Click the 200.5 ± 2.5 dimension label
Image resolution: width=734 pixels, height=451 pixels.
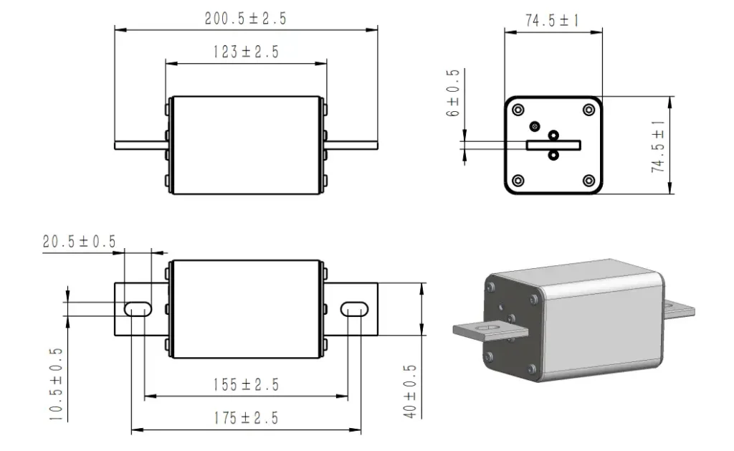[245, 18]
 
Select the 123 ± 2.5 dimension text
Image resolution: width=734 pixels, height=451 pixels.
[247, 52]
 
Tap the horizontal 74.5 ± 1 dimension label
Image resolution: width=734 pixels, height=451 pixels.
[553, 20]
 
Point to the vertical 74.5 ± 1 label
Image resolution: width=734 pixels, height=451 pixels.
[658, 146]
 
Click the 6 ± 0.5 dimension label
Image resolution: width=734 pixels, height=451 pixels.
[453, 92]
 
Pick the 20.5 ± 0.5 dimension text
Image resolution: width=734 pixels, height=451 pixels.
[79, 241]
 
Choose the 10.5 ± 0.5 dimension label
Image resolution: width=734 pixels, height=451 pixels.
[56, 384]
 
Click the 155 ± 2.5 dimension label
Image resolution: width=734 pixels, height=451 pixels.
[247, 384]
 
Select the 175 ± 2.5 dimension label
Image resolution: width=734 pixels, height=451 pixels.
[247, 418]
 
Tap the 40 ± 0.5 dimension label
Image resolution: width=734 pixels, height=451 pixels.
[409, 391]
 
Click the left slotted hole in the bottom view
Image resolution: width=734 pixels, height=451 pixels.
[138, 309]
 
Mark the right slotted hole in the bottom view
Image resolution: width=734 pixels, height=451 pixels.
[354, 309]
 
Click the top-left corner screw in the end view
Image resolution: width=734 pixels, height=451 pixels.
[518, 110]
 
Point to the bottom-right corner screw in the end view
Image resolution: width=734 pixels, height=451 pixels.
[589, 180]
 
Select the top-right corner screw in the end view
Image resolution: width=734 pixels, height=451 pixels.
[589, 110]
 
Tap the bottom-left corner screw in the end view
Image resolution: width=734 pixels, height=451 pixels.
[518, 180]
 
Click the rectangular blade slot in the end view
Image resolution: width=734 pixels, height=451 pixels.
[553, 145]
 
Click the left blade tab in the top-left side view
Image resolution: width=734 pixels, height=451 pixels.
[141, 146]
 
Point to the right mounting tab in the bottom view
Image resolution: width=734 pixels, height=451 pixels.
[351, 309]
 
